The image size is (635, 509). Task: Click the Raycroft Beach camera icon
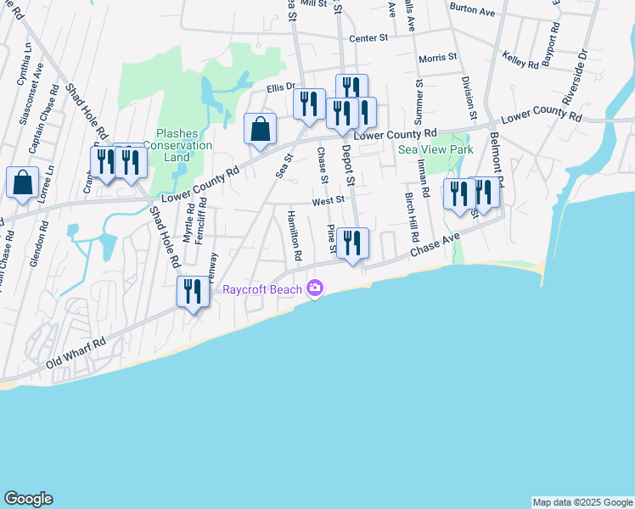(x=315, y=289)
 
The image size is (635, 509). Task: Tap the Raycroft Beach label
(x=262, y=289)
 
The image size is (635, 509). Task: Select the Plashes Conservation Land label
(x=177, y=145)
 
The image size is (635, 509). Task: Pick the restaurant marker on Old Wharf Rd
(x=192, y=292)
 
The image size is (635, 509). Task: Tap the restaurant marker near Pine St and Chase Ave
(x=352, y=243)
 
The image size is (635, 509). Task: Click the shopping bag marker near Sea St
(x=261, y=130)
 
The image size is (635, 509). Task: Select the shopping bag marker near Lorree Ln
(x=22, y=182)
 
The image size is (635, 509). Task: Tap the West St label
(x=327, y=201)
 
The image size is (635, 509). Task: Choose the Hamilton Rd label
(x=295, y=235)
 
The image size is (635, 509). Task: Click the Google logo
(x=28, y=499)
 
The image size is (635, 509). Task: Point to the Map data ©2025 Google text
(x=582, y=502)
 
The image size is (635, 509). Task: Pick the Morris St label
(x=438, y=58)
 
